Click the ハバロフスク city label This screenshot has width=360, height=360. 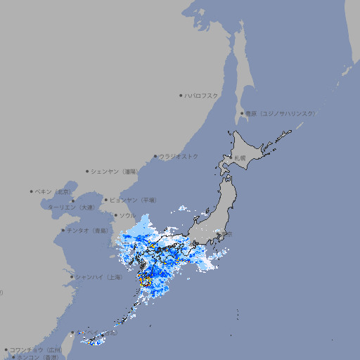click(x=202, y=95)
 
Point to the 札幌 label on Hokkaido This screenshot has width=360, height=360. click(x=240, y=158)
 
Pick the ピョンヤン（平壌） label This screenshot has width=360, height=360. click(x=131, y=200)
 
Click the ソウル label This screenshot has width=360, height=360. click(x=127, y=215)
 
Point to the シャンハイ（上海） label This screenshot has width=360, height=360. click(x=99, y=277)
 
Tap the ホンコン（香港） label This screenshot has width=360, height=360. click(x=38, y=357)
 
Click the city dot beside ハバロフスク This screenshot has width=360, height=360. click(x=181, y=95)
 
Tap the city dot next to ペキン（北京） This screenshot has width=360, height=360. click(x=32, y=191)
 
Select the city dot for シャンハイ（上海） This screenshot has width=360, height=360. click(x=72, y=277)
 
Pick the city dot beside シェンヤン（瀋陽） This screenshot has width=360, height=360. click(x=87, y=171)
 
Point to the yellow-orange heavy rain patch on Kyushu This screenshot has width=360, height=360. click(x=146, y=280)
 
